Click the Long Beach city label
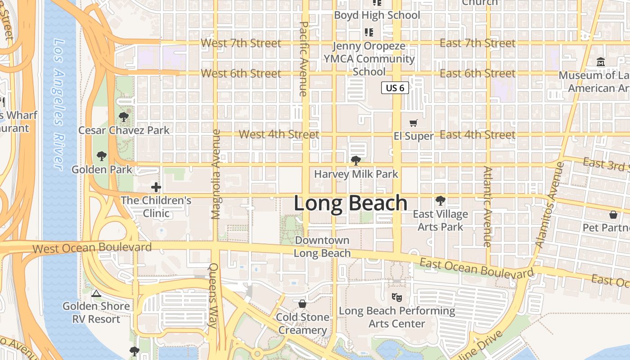click(x=351, y=203)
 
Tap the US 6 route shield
click(x=395, y=88)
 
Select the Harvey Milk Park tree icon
click(x=356, y=161)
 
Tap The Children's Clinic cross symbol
click(x=156, y=187)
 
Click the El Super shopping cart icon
click(x=414, y=123)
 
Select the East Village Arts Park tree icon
click(x=440, y=201)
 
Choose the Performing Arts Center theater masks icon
click(x=396, y=297)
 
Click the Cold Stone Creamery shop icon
click(x=302, y=304)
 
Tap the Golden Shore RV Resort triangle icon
click(x=96, y=294)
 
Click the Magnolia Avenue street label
click(x=216, y=174)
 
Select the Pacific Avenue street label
click(x=303, y=58)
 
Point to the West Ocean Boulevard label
click(x=92, y=247)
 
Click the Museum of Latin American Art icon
click(x=601, y=62)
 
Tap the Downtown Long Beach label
click(x=322, y=247)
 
